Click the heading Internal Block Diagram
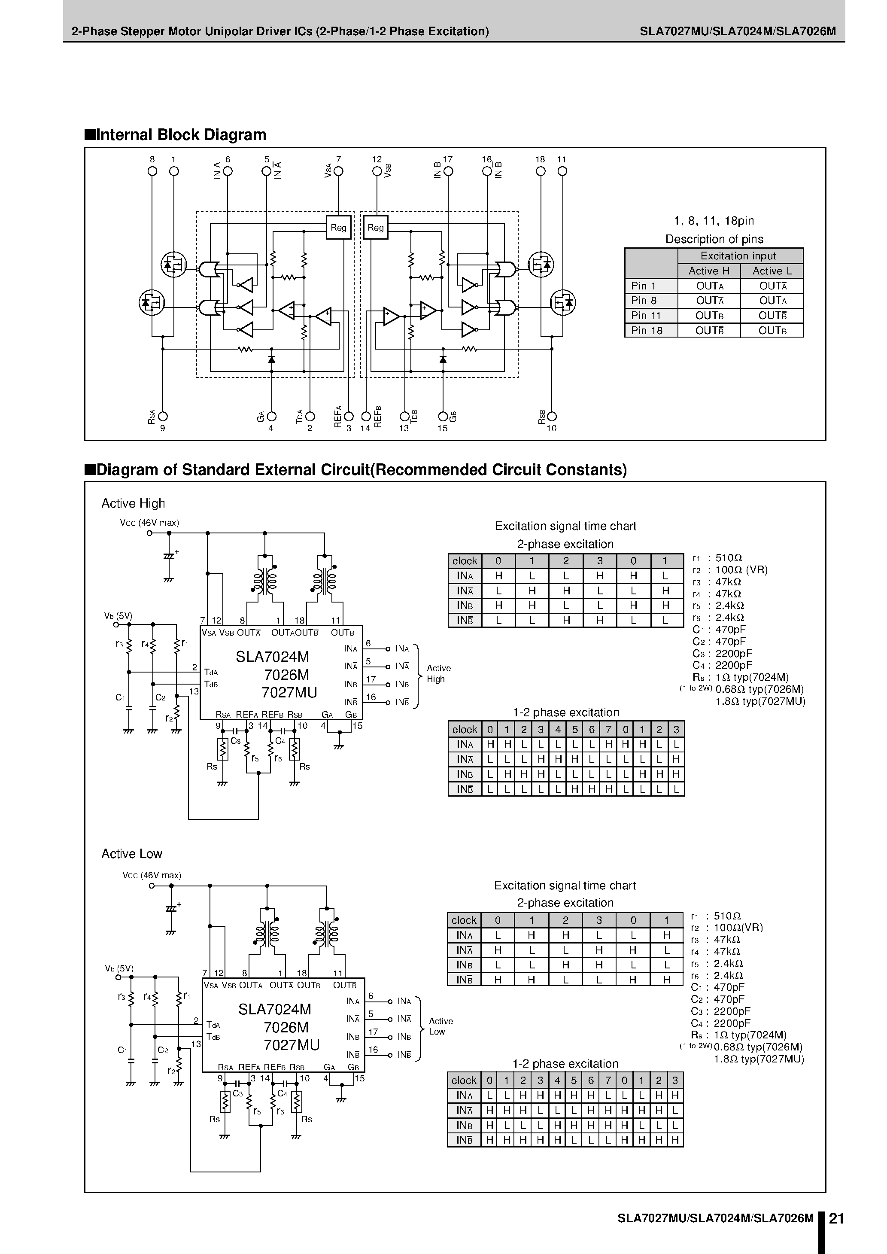[x=180, y=135]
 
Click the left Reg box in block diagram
[x=338, y=228]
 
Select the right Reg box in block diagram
[x=376, y=228]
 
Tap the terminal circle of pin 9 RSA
[x=163, y=417]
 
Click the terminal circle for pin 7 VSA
[x=339, y=171]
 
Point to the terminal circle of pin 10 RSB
[x=552, y=417]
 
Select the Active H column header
[x=709, y=271]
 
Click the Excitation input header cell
[x=738, y=256]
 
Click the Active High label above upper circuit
[x=133, y=503]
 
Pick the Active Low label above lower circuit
[x=132, y=854]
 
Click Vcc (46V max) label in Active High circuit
[x=149, y=523]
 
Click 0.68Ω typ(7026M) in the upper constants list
[x=759, y=689]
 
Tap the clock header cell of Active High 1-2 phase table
[x=465, y=730]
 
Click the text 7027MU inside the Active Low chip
[x=292, y=1045]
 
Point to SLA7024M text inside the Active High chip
[x=272, y=657]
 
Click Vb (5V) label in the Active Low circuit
[x=119, y=968]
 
